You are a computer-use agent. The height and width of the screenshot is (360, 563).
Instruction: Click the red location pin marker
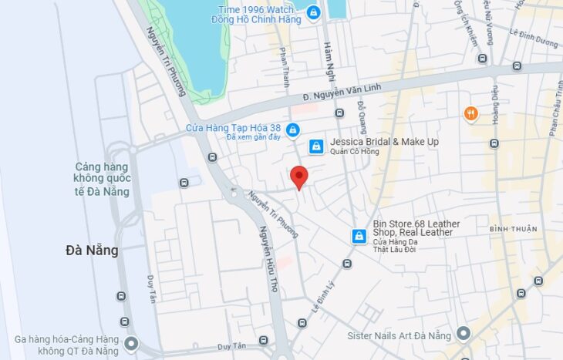[299, 177]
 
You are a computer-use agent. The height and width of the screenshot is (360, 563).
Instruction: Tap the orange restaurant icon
[470, 114]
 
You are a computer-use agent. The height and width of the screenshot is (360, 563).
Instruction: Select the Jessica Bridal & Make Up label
[384, 143]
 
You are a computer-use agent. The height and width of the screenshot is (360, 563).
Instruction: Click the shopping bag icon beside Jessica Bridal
[315, 146]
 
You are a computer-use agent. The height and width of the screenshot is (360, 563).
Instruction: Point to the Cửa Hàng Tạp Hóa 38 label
[233, 128]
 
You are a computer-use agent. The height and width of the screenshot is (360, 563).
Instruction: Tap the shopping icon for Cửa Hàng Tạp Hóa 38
[292, 130]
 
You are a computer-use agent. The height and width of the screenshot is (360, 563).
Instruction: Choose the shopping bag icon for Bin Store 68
[359, 236]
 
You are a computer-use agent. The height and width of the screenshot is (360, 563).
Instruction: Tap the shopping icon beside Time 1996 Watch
[312, 12]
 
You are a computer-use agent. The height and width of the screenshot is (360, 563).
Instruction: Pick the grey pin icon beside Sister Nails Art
[463, 334]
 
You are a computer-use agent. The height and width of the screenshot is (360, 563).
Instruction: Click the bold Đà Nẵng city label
[92, 250]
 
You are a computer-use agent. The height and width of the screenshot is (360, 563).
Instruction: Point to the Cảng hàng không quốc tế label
[101, 179]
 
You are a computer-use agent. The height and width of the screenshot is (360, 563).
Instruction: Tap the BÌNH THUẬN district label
[513, 229]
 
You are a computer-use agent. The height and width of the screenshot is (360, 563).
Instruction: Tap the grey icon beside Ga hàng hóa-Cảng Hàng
[132, 343]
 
